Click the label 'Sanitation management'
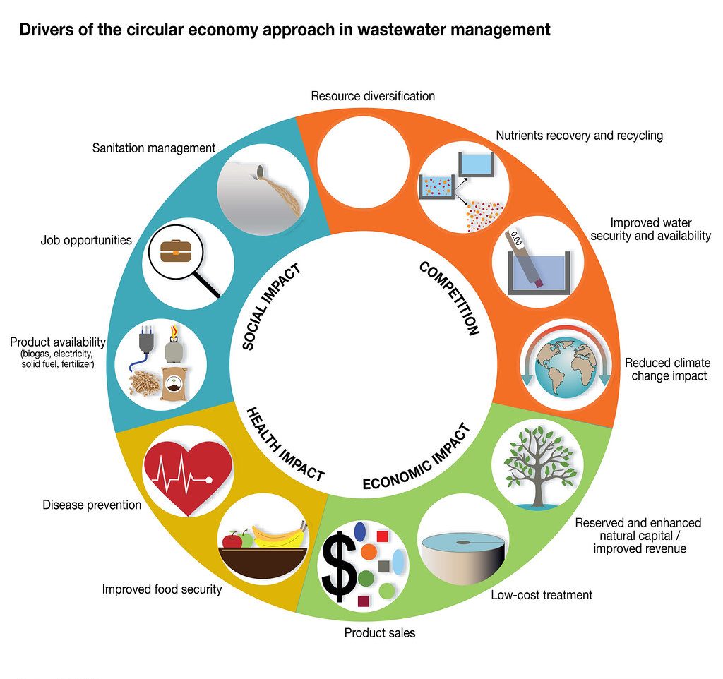pos(153,148)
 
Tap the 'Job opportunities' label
pos(86,240)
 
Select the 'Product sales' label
pos(380,632)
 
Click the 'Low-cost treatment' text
pos(542,594)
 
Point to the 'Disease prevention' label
pos(92,505)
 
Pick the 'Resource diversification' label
pos(373,95)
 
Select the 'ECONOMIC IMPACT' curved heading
pos(416,458)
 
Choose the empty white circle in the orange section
pos(364,153)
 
